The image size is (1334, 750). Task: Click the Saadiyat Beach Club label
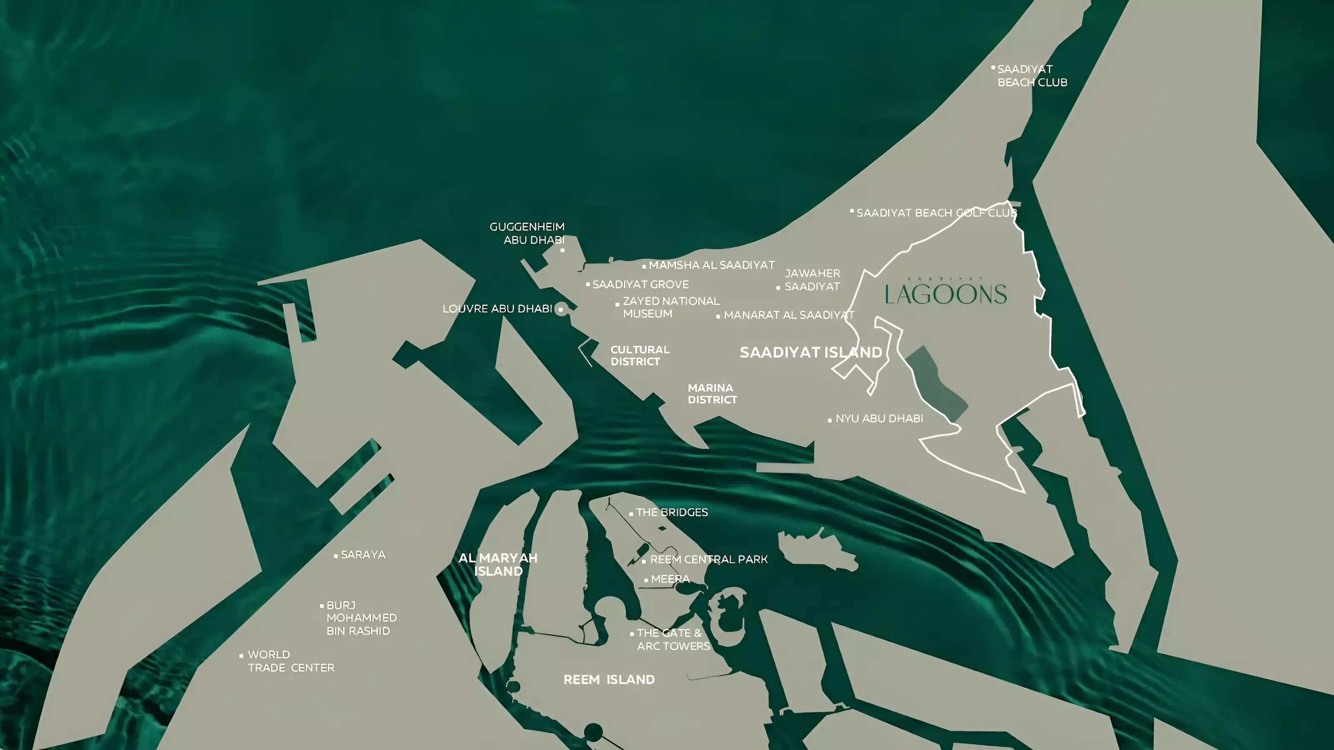coord(1032,75)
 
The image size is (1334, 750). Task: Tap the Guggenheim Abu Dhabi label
coord(527,233)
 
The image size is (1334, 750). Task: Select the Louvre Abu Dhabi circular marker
coord(561,310)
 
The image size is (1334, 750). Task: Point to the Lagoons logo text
coord(945,293)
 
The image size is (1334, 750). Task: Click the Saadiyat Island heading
coord(810,352)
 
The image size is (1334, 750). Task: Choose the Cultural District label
coord(639,355)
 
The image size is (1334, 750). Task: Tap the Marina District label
coord(712,394)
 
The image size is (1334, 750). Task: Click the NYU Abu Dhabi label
coord(879,418)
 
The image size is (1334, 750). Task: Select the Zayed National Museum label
coord(671,307)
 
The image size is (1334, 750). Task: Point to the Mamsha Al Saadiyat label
coord(712,265)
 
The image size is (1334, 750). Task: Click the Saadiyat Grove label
coord(641,284)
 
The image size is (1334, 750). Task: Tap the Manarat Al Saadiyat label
coord(789,315)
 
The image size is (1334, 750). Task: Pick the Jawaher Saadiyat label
coord(812,280)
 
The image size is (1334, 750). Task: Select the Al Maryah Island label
coord(498,565)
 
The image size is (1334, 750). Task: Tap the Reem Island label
coord(609,680)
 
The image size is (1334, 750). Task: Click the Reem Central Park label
coord(708,560)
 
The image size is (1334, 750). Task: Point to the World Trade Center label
coord(291,661)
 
